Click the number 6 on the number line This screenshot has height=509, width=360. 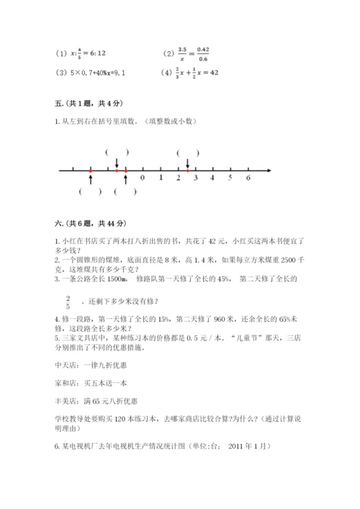coord(248,176)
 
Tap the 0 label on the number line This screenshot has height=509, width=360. coord(142,176)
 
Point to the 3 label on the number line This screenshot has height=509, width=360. coord(195,176)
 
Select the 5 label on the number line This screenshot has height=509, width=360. coord(230,176)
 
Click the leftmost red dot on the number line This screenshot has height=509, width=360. coord(91,171)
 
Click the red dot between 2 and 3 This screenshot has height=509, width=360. coord(187,171)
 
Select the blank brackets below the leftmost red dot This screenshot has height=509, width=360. coord(91,192)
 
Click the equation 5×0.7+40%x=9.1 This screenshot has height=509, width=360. coord(96,72)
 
